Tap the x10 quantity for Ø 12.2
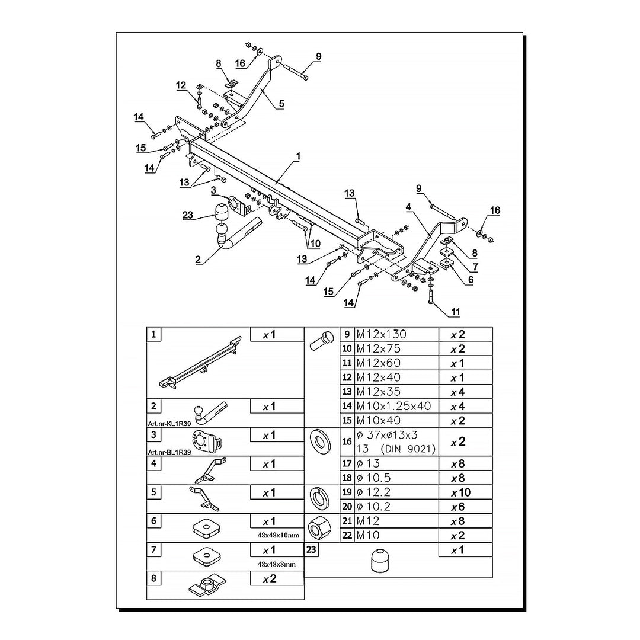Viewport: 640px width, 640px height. [x=462, y=492]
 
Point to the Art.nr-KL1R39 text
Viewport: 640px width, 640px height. [x=169, y=424]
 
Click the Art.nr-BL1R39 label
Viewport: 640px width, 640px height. [x=169, y=452]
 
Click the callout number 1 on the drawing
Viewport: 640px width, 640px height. [x=298, y=156]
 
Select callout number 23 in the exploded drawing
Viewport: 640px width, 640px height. [x=188, y=216]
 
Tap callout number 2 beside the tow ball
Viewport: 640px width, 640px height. [x=198, y=259]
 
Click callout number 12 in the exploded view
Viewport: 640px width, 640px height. [x=181, y=85]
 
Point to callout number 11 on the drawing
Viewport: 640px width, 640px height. [x=455, y=311]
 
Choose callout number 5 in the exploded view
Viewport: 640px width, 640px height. [x=281, y=104]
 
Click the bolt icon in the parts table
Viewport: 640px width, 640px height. [x=321, y=343]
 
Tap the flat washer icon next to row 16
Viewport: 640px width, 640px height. [x=321, y=441]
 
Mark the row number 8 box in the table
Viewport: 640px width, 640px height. [x=153, y=578]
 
